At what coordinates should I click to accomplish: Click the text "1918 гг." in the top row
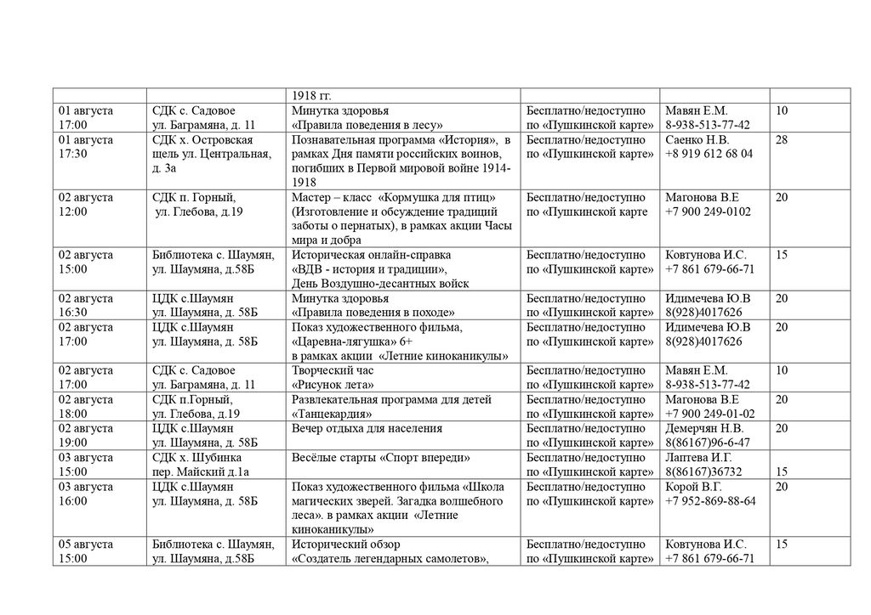(311, 95)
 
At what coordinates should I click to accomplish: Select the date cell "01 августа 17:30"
(85, 146)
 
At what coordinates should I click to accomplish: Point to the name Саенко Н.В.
(697, 139)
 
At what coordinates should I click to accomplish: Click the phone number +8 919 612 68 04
(709, 154)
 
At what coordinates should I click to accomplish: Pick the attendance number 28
(782, 139)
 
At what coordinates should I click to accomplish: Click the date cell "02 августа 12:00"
(85, 205)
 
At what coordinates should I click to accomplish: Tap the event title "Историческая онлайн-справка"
(371, 255)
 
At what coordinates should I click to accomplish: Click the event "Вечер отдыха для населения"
(367, 428)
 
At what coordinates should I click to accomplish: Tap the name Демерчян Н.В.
(704, 428)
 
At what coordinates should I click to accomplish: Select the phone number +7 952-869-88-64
(710, 501)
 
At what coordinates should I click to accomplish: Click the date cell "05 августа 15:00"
(85, 551)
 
